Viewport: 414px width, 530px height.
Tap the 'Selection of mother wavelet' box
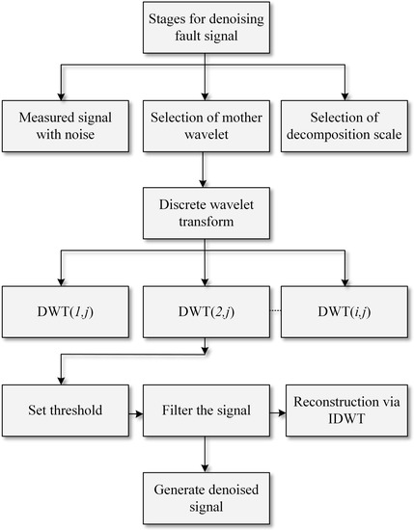point(207,125)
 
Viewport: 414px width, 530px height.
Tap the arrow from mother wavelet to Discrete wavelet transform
point(207,169)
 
